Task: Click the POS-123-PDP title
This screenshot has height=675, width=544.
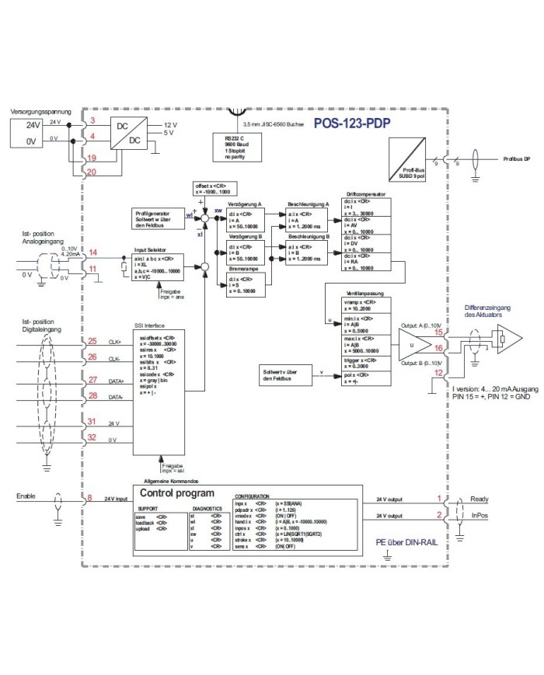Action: (352, 123)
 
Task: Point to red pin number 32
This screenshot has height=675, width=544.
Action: (92, 439)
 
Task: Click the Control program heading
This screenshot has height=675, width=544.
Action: (178, 492)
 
